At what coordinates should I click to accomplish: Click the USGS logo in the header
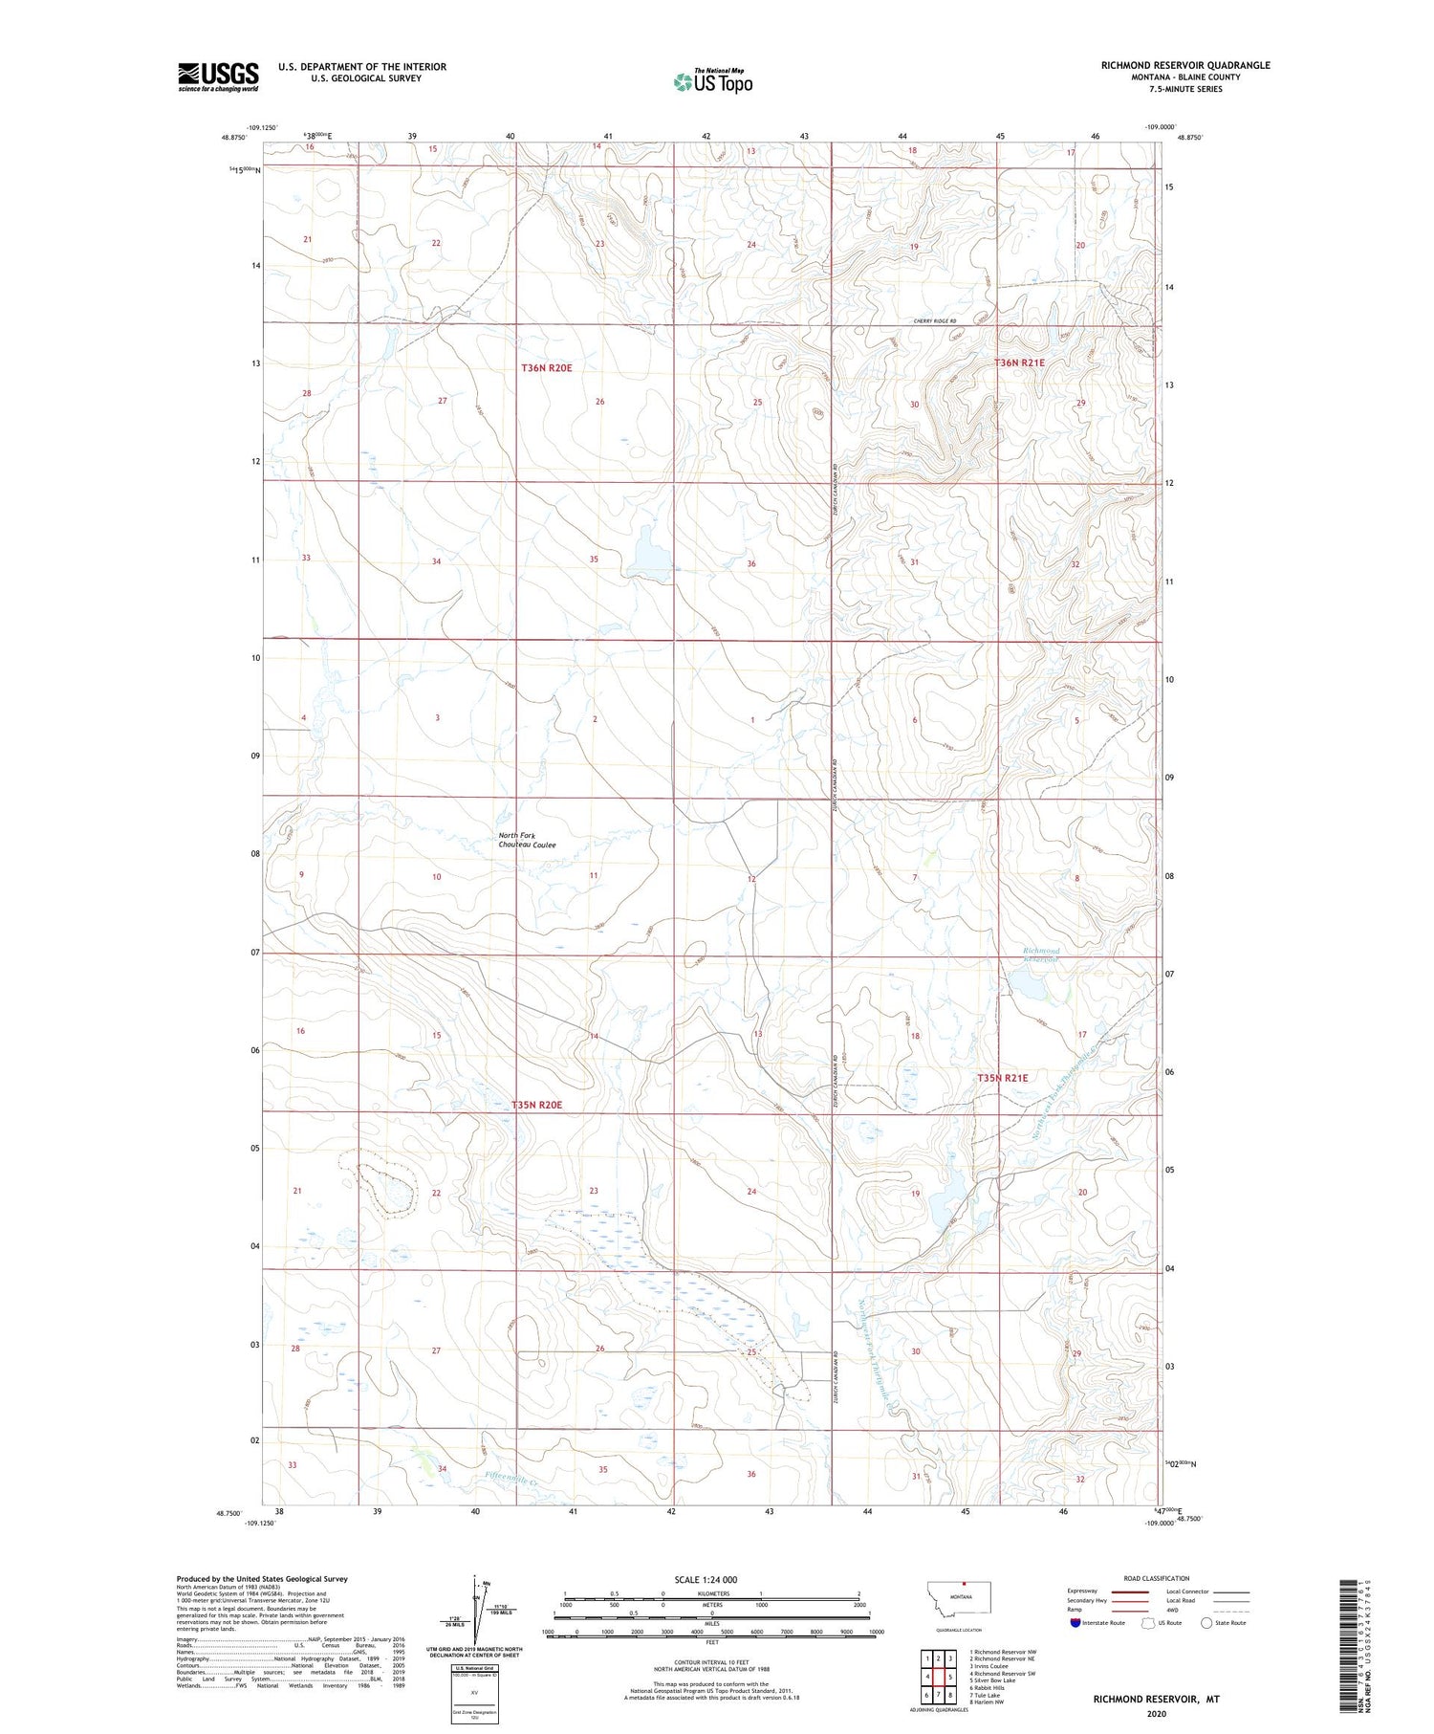218,77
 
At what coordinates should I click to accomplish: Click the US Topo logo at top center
712,82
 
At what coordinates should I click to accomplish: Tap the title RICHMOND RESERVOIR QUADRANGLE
1184,65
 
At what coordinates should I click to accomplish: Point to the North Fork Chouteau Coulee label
526,840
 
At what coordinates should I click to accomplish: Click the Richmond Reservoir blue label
1041,954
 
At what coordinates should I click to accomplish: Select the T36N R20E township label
547,367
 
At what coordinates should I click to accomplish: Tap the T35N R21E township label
1002,1078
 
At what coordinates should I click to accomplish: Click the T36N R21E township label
1019,363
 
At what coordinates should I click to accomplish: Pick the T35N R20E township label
536,1105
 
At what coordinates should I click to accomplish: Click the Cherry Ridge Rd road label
934,321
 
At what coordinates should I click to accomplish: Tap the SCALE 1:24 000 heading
706,1579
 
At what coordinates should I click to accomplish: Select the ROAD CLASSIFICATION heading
1156,1578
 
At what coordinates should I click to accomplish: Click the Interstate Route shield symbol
1075,1623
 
